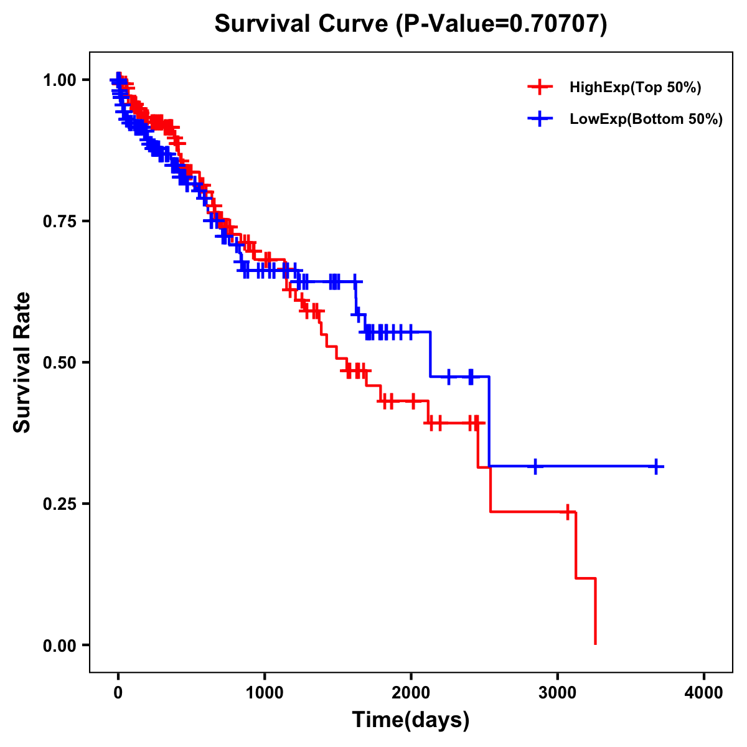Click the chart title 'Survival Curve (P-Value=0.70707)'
click(411, 24)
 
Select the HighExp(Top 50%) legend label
click(636, 88)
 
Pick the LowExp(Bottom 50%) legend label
click(646, 120)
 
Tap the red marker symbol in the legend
click(540, 87)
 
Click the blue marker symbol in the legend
click(540, 119)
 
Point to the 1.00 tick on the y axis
click(59, 80)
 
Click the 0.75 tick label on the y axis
click(59, 222)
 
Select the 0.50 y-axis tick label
click(59, 363)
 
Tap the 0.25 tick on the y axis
click(59, 504)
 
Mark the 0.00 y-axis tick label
click(59, 646)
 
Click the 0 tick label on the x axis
click(118, 693)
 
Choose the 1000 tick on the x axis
click(265, 693)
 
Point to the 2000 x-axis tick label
click(411, 693)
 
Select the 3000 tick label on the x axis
click(558, 693)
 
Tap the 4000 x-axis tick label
click(704, 693)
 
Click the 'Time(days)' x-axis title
click(411, 720)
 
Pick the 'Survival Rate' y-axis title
click(23, 362)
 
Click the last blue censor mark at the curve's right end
click(656, 466)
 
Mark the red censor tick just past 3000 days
click(568, 512)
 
